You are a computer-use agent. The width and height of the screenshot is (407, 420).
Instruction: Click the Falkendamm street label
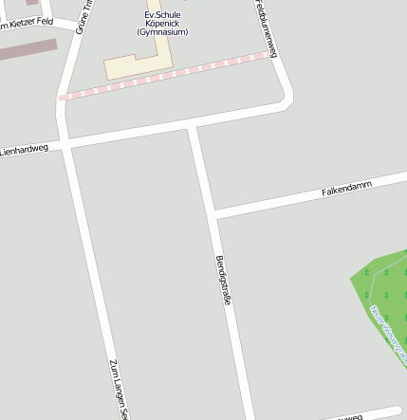[346, 186]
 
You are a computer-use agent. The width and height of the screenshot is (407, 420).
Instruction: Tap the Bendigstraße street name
[224, 280]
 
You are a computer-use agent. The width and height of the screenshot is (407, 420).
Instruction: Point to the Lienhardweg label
[24, 150]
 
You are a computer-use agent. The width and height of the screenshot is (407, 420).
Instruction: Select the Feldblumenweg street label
[265, 28]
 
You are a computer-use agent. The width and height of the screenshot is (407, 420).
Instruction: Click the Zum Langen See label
[118, 389]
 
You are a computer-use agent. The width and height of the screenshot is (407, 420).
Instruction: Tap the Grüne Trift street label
[84, 14]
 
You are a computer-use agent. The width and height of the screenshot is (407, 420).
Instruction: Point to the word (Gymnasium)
[162, 32]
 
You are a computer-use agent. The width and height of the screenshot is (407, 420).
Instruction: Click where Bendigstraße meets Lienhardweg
[193, 126]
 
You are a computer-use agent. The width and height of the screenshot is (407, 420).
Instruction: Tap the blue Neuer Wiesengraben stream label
[388, 336]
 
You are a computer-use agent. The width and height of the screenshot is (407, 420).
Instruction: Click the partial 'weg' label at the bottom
[349, 416]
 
